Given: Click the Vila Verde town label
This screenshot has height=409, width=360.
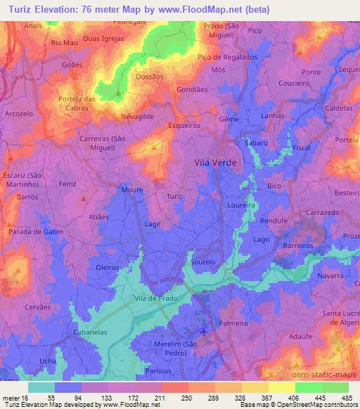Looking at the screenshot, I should pyautogui.click(x=215, y=162).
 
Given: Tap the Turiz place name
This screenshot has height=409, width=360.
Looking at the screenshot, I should pyautogui.click(x=175, y=198).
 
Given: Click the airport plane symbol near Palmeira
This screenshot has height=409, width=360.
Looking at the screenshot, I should pyautogui.click(x=204, y=330).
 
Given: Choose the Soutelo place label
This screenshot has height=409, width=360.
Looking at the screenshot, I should pyautogui.click(x=203, y=261).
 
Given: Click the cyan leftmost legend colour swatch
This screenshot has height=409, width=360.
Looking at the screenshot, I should pyautogui.click(x=41, y=387).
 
